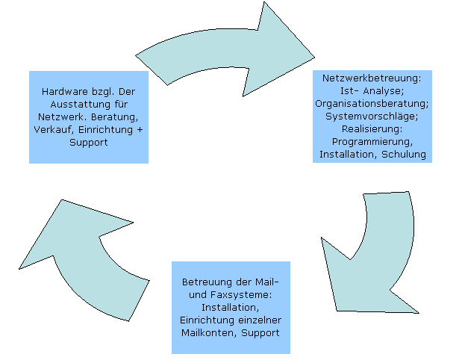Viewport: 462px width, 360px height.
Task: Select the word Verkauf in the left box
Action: coord(54,130)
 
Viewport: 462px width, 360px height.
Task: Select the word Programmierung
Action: coord(372,141)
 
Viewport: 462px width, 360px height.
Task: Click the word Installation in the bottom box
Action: coord(231,307)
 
